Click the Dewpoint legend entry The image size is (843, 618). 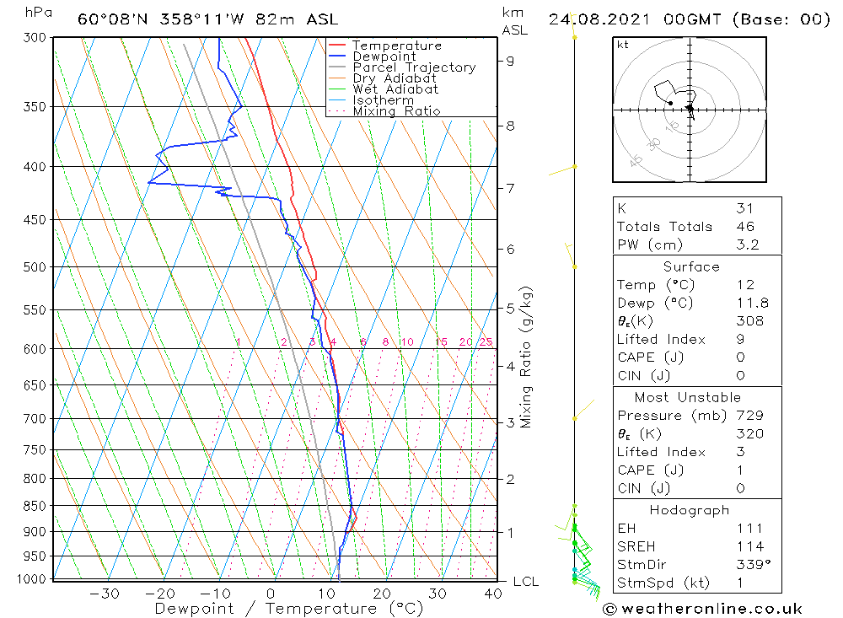[384, 56]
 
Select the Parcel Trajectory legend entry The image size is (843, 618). [414, 67]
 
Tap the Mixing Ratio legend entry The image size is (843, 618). [396, 111]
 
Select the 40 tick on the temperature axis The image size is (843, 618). [493, 594]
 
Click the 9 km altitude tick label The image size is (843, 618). [511, 61]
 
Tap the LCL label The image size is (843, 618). [525, 582]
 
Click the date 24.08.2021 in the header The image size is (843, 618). [593, 19]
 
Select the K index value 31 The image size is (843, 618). [744, 208]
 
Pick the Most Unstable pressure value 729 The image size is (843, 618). [749, 416]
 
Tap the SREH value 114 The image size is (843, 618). [749, 547]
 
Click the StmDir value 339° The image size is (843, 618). [751, 565]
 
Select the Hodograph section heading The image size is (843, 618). [690, 510]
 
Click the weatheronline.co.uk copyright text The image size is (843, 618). [702, 609]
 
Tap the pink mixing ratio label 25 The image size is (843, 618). [486, 342]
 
